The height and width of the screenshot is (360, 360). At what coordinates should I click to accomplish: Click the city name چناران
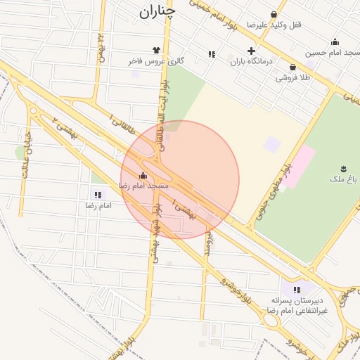pyautogui.click(x=157, y=11)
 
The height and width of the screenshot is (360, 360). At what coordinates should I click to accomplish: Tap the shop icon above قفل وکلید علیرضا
pyautogui.click(x=274, y=14)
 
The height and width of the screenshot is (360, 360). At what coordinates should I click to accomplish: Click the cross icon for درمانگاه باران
pyautogui.click(x=251, y=51)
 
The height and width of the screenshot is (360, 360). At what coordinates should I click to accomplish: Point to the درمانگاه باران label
pyautogui.click(x=251, y=62)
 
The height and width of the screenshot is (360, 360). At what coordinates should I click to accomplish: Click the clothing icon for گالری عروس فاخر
pyautogui.click(x=155, y=51)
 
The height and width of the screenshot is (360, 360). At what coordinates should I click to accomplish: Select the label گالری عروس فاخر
pyautogui.click(x=155, y=62)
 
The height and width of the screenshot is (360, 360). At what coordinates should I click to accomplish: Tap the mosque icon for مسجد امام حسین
pyautogui.click(x=335, y=41)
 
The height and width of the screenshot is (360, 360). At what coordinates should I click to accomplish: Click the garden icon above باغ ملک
pyautogui.click(x=343, y=168)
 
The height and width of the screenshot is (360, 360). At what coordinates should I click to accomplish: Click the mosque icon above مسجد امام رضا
pyautogui.click(x=143, y=175)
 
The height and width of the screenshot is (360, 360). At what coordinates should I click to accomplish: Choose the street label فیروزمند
pyautogui.click(x=208, y=242)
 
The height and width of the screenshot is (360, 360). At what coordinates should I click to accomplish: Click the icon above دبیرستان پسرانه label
pyautogui.click(x=297, y=289)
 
